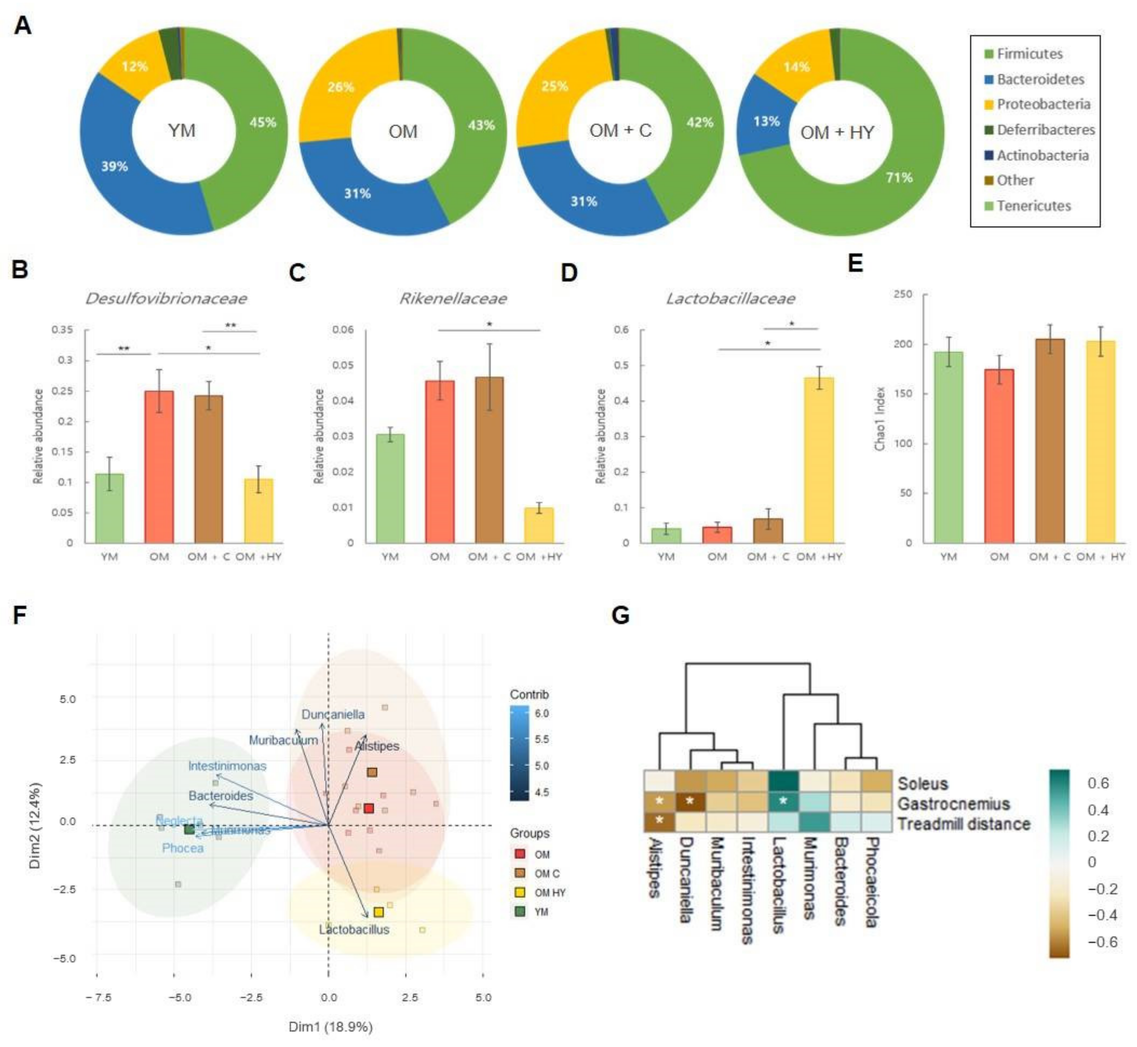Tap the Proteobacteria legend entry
click(x=1043, y=104)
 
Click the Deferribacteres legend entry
click(x=1045, y=130)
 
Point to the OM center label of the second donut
click(x=403, y=132)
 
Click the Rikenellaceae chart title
click(x=453, y=299)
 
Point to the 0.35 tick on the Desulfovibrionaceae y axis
click(x=62, y=330)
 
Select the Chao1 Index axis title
click(x=880, y=419)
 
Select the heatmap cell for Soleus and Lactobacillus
click(x=783, y=784)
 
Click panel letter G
click(x=621, y=615)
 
